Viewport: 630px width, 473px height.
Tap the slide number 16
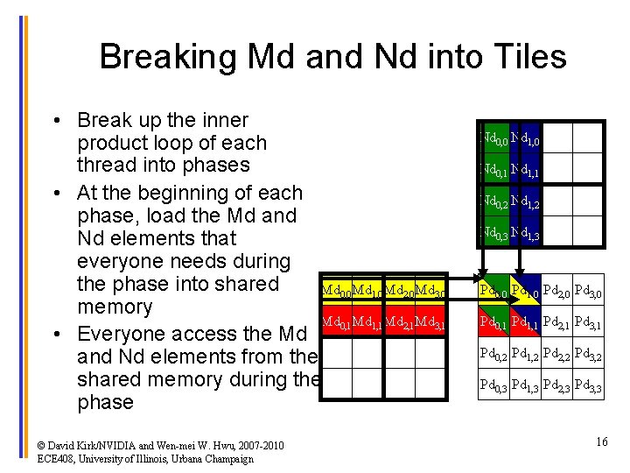(x=601, y=442)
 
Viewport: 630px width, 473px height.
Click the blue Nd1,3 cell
(x=526, y=233)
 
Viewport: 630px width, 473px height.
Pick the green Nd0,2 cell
(x=493, y=201)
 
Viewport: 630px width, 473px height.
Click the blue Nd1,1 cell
(x=526, y=170)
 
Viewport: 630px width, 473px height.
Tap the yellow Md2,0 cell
(x=400, y=290)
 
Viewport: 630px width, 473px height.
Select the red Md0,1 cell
(x=336, y=322)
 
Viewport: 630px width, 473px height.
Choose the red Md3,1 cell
(x=431, y=322)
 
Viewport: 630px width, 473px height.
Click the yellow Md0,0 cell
(x=336, y=290)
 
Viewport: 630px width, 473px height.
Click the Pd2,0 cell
(x=557, y=290)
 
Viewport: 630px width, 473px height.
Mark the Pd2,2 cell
(x=557, y=353)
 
